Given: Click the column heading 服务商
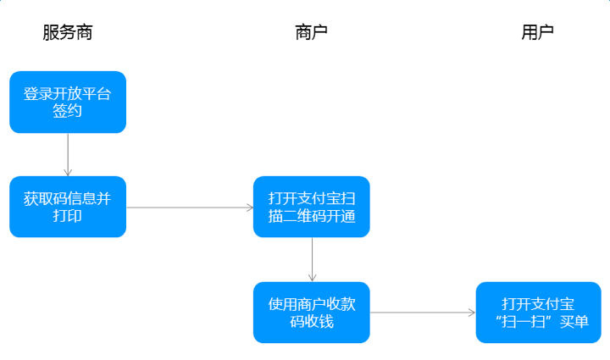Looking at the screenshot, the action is click(x=68, y=32).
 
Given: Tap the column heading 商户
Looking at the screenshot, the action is click(x=311, y=32).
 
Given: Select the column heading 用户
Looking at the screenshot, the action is click(x=537, y=32).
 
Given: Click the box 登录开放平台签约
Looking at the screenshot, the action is click(x=68, y=102).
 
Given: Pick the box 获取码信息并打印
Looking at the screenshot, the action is click(x=68, y=207).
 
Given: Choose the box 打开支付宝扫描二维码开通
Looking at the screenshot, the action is click(x=312, y=207).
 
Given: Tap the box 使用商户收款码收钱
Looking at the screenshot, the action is click(x=312, y=313).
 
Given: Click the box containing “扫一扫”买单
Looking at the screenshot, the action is click(x=539, y=313).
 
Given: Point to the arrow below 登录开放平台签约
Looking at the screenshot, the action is click(x=68, y=155).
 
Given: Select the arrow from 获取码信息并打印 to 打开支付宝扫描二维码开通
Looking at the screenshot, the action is click(x=190, y=208).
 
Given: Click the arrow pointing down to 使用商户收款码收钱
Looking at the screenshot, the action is click(x=312, y=260).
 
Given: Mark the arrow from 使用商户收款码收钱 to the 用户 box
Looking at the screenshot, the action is click(x=423, y=313).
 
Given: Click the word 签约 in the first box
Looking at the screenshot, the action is click(x=67, y=111).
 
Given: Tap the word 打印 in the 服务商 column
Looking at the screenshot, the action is click(x=67, y=216).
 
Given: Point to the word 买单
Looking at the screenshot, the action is click(x=574, y=322).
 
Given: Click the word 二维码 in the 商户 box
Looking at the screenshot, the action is click(x=304, y=216).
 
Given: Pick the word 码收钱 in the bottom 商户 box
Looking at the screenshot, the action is click(x=312, y=322).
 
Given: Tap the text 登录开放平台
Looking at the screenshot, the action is click(x=67, y=94).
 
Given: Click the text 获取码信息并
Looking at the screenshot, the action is click(x=67, y=199).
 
